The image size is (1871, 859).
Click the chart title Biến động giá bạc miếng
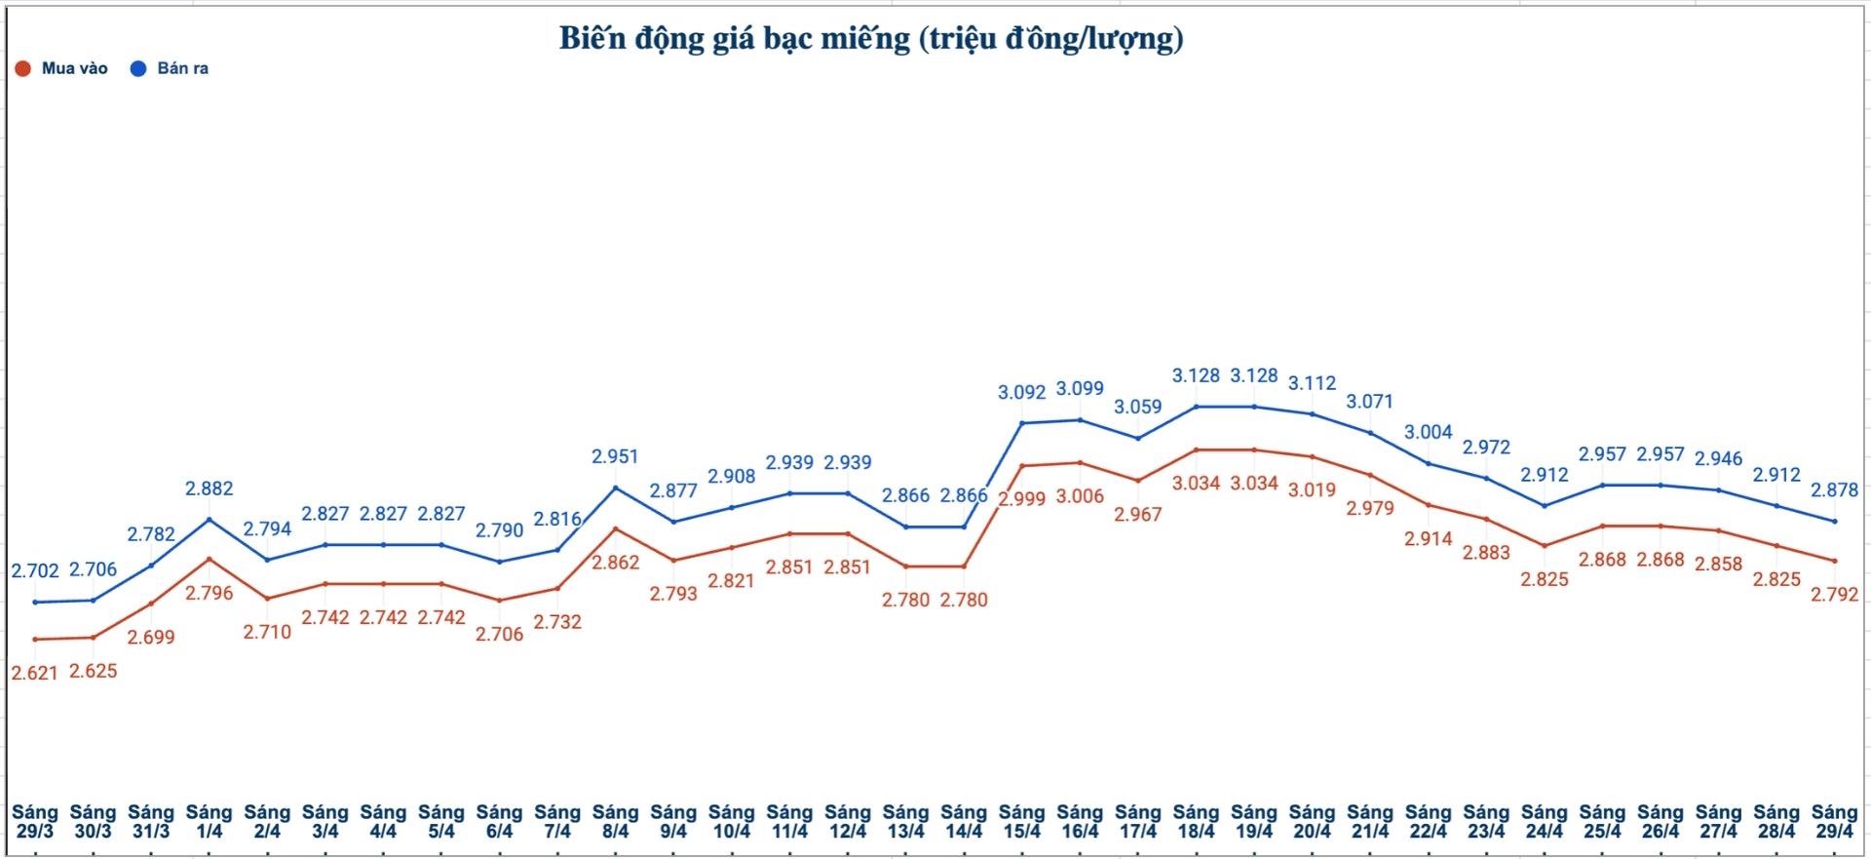(870, 39)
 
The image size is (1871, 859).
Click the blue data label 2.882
(210, 488)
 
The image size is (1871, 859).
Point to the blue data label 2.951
(615, 456)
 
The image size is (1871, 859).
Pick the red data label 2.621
(35, 673)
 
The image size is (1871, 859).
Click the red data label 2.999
(1021, 498)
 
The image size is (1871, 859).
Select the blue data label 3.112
(1312, 383)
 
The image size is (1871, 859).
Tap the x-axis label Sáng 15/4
(1021, 821)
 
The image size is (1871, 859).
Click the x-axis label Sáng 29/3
(35, 821)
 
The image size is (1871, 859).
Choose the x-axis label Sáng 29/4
(1834, 821)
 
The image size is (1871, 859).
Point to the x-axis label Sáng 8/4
(615, 821)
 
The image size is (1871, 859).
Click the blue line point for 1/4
(210, 519)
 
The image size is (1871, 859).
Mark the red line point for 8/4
(615, 528)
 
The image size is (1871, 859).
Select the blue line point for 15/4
(1021, 423)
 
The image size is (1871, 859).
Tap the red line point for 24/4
(1544, 546)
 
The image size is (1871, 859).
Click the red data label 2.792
(1834, 594)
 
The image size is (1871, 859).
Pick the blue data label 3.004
(1428, 432)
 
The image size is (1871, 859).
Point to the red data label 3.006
(1080, 496)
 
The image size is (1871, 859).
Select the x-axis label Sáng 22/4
(1428, 821)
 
